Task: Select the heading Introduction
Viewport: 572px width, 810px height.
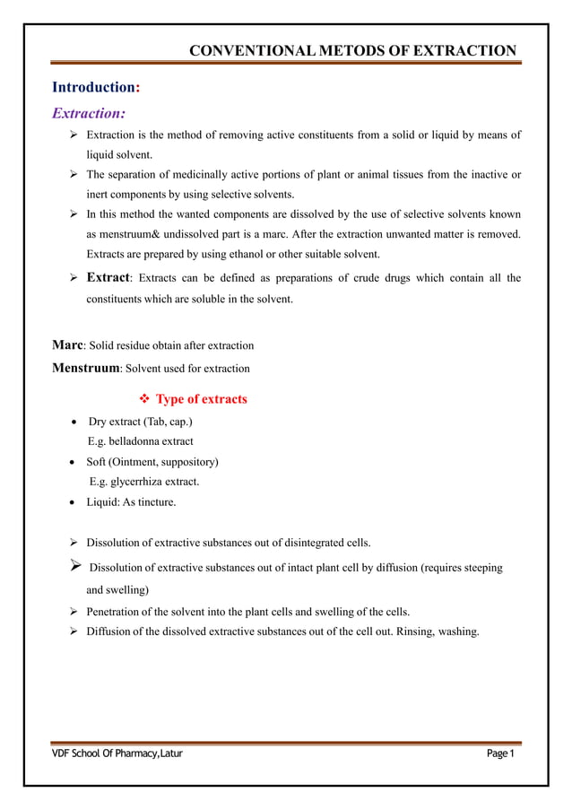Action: coord(92,88)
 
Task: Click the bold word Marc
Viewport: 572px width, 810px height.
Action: coord(67,344)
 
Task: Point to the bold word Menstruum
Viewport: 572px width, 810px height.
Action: coord(85,368)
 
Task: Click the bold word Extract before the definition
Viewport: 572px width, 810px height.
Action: coord(108,278)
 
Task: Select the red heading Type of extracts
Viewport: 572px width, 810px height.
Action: coord(201,399)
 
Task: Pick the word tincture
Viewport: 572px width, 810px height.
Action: coord(156,502)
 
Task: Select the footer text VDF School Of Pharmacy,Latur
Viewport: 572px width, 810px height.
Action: coord(117,753)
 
